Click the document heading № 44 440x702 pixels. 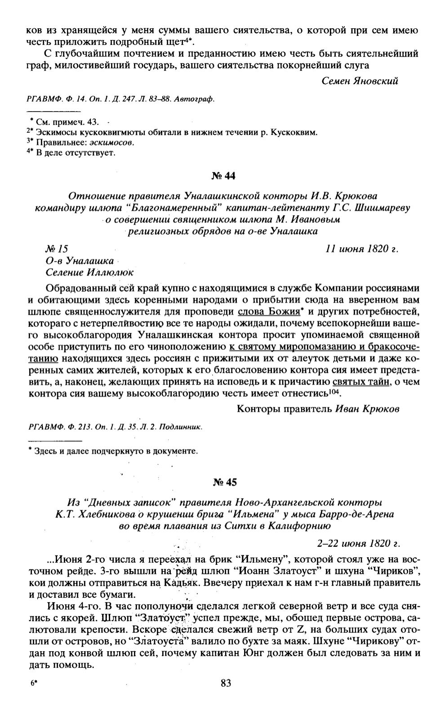pos(223,176)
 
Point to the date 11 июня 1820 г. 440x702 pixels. pos(362,249)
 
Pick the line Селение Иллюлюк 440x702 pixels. pos(90,272)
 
